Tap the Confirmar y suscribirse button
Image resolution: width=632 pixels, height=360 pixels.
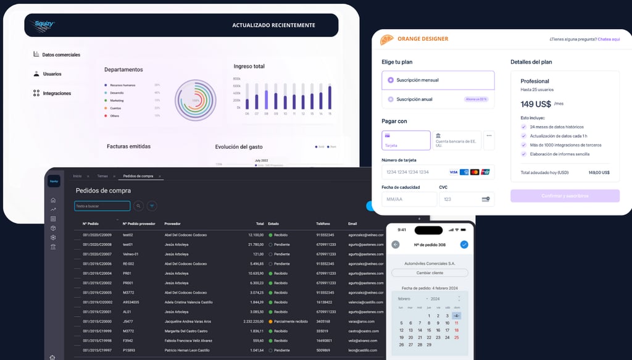click(x=565, y=196)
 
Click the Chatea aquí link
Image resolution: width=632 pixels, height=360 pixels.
click(x=609, y=40)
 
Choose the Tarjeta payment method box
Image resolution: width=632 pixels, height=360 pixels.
click(x=405, y=140)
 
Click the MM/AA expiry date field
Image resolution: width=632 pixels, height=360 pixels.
click(x=409, y=199)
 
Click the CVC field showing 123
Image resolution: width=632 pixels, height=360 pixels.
click(x=467, y=199)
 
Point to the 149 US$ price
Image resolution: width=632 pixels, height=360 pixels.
click(x=536, y=104)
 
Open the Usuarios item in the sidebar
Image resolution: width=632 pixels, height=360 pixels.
click(x=52, y=74)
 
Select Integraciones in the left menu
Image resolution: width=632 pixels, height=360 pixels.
click(x=56, y=93)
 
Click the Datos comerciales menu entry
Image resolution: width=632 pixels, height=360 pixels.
click(x=60, y=54)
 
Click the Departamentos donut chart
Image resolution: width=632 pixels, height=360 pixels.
click(x=195, y=100)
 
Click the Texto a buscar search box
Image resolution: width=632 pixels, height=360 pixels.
click(x=102, y=206)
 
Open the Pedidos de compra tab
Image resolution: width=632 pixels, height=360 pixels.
click(x=138, y=177)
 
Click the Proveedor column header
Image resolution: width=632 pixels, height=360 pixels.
click(x=173, y=224)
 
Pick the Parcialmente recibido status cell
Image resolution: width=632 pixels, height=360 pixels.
click(x=289, y=322)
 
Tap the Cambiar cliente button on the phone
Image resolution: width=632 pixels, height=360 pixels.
click(x=430, y=272)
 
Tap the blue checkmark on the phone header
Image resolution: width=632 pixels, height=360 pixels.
click(x=464, y=245)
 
